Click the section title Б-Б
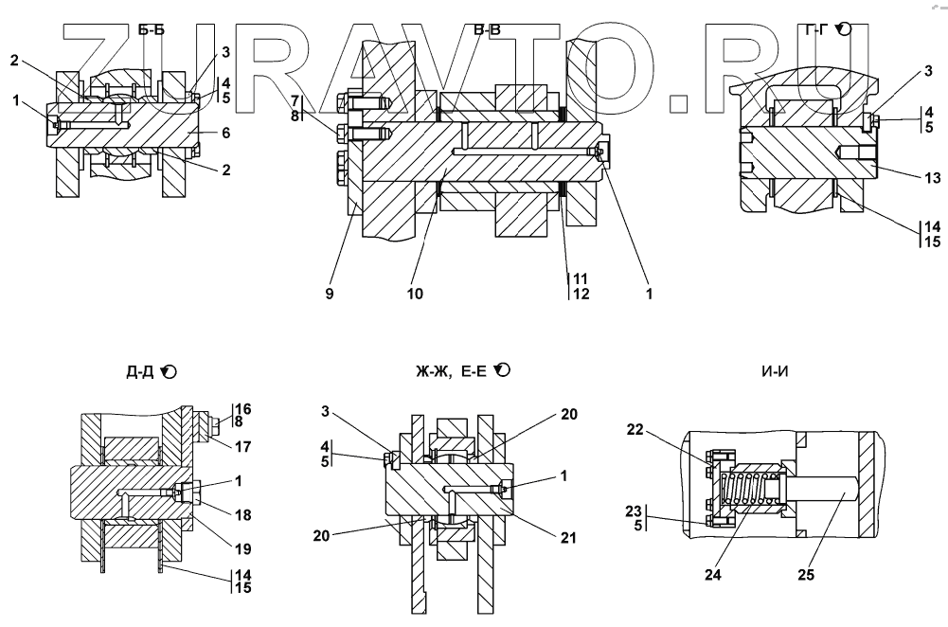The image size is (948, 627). coord(152,30)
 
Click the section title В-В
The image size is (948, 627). coord(487,30)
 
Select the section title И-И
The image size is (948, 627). coord(776,372)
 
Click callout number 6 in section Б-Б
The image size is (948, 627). coord(225,134)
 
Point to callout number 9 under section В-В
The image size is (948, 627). coord(329,295)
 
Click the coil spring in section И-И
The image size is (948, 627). coord(750,490)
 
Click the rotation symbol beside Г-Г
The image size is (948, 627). coord(845,30)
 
